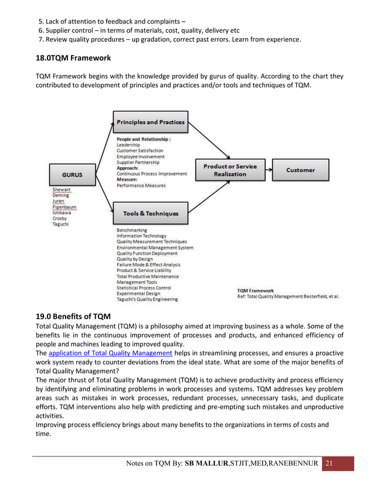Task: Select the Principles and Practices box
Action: click(151, 122)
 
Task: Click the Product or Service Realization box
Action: click(230, 170)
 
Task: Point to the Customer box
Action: click(300, 170)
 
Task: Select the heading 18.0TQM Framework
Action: click(73, 59)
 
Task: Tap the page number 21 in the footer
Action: click(329, 464)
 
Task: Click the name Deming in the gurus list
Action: click(61, 195)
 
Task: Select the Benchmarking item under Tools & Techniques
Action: click(132, 230)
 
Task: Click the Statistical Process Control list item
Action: click(144, 288)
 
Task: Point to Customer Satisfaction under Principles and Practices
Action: click(140, 151)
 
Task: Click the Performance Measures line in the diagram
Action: click(141, 186)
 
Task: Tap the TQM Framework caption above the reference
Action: click(255, 290)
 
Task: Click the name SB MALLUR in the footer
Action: click(210, 465)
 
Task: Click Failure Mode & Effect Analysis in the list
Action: click(148, 265)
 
